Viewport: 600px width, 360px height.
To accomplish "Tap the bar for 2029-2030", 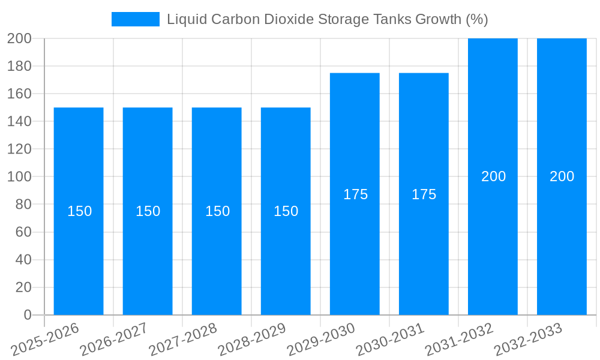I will click(x=355, y=252).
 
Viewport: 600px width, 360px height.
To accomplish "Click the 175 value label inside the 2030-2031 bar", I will click(x=424, y=194).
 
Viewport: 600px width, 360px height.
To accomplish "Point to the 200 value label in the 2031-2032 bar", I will click(x=493, y=176).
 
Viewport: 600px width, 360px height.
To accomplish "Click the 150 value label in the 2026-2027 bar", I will click(x=148, y=211).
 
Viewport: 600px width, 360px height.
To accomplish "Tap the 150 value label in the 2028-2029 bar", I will click(x=286, y=211).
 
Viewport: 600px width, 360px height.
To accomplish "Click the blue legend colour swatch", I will click(x=136, y=19).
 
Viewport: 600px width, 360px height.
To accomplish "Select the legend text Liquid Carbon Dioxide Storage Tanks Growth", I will click(x=327, y=19).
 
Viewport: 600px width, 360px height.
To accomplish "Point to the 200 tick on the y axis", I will click(x=19, y=38).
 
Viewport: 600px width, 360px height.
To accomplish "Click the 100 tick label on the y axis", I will click(x=19, y=177).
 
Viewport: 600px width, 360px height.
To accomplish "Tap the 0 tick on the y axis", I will click(x=27, y=315).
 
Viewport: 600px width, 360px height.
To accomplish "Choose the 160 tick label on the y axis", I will click(x=19, y=94).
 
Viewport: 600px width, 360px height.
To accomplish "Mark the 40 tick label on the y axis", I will click(x=23, y=260).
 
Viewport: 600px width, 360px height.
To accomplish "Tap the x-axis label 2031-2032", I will click(x=458, y=340).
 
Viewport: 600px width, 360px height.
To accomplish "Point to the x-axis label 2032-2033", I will click(x=527, y=340).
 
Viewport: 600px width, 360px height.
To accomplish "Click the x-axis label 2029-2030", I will click(x=320, y=340).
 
